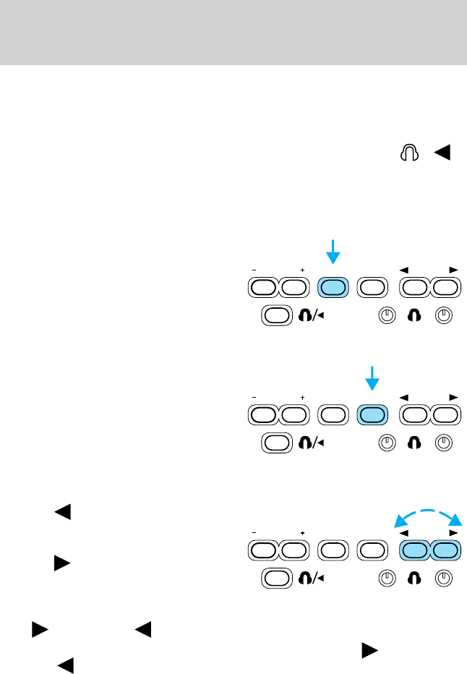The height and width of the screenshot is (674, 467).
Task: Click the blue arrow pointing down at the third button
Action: [x=333, y=252]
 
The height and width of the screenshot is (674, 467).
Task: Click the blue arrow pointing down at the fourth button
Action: [x=373, y=379]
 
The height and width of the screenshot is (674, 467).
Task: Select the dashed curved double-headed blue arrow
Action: [x=427, y=514]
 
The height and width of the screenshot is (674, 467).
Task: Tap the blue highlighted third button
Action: [x=333, y=288]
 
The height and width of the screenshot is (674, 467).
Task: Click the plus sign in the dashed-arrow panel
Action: [x=302, y=532]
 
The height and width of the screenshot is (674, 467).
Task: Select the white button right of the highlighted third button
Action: [x=373, y=288]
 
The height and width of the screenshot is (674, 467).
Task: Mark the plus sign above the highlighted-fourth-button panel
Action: [x=302, y=396]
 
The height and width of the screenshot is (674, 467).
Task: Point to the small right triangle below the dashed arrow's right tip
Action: [x=453, y=532]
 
